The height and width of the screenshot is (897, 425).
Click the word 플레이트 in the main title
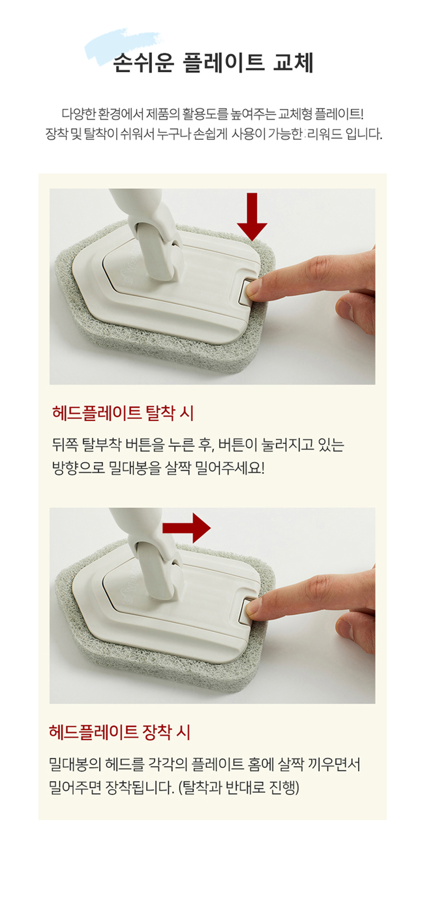click(223, 63)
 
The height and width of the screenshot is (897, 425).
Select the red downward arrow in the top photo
click(252, 216)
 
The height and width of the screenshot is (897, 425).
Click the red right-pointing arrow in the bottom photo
click(187, 527)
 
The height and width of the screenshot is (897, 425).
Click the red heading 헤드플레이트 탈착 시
click(123, 413)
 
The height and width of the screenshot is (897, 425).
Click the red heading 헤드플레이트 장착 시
click(120, 732)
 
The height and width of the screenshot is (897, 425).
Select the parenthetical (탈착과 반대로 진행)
click(239, 787)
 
